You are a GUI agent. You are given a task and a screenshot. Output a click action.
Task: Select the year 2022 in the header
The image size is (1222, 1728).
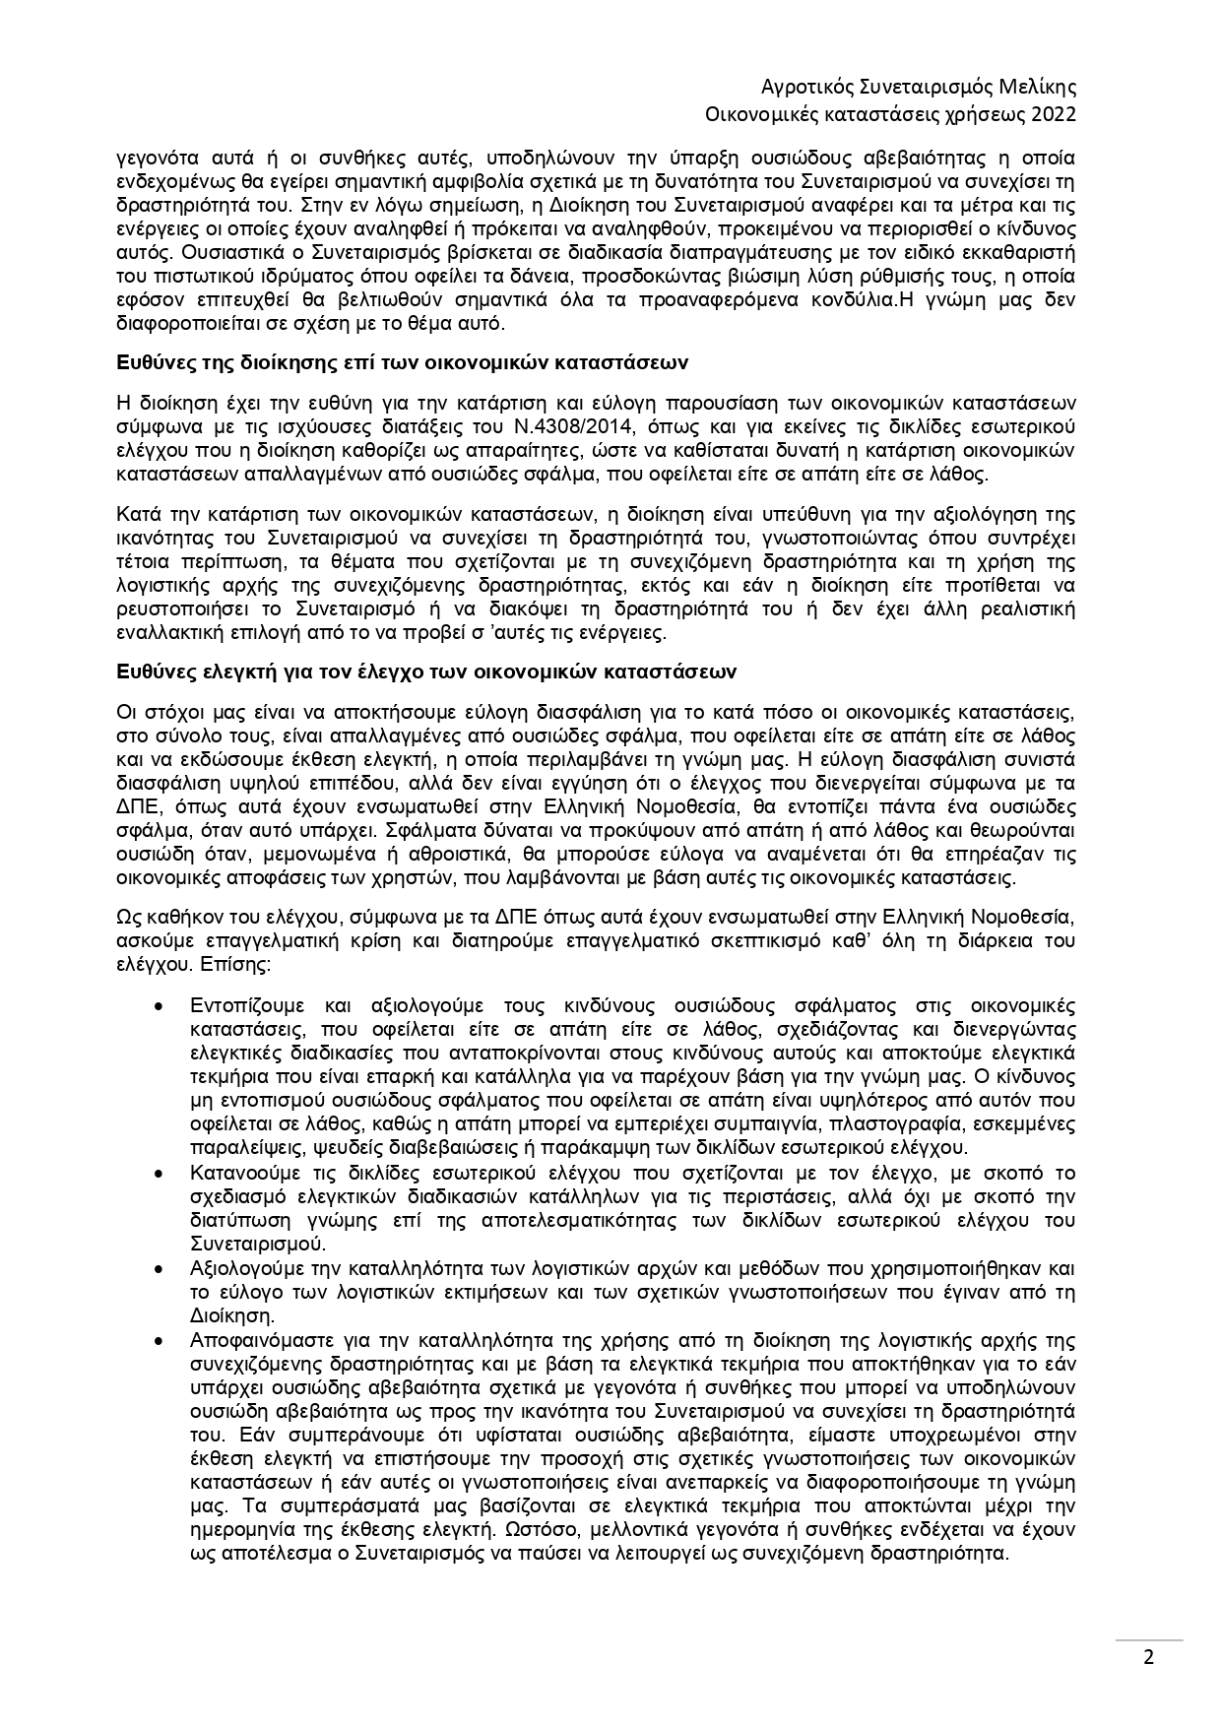(1052, 114)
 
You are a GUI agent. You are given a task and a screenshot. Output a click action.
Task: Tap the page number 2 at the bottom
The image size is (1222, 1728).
(1148, 1656)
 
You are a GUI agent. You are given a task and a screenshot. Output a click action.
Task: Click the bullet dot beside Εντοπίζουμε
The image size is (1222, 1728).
(161, 1005)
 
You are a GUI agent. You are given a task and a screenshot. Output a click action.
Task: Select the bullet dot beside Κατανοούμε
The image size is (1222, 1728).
(161, 1173)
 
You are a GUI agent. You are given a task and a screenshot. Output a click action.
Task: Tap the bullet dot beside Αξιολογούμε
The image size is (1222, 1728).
(161, 1268)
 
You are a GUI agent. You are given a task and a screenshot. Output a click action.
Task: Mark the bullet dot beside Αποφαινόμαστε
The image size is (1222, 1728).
(161, 1340)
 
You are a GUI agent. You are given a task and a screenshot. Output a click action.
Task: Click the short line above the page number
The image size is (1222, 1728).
(1148, 1640)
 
